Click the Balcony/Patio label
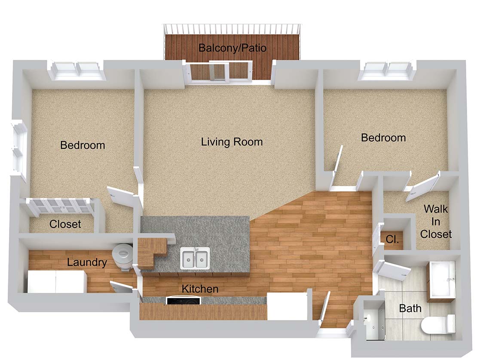[232, 48]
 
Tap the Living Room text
[232, 142]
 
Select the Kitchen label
[200, 289]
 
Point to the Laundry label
[87, 262]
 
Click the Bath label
[410, 308]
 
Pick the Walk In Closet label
[436, 222]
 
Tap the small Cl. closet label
[392, 240]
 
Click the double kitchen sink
[195, 258]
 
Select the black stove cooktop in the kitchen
[183, 301]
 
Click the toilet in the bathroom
[438, 325]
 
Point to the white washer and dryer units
[57, 282]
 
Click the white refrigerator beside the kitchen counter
[287, 306]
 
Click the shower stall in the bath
[374, 320]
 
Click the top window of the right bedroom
[387, 71]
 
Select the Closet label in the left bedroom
[65, 224]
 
